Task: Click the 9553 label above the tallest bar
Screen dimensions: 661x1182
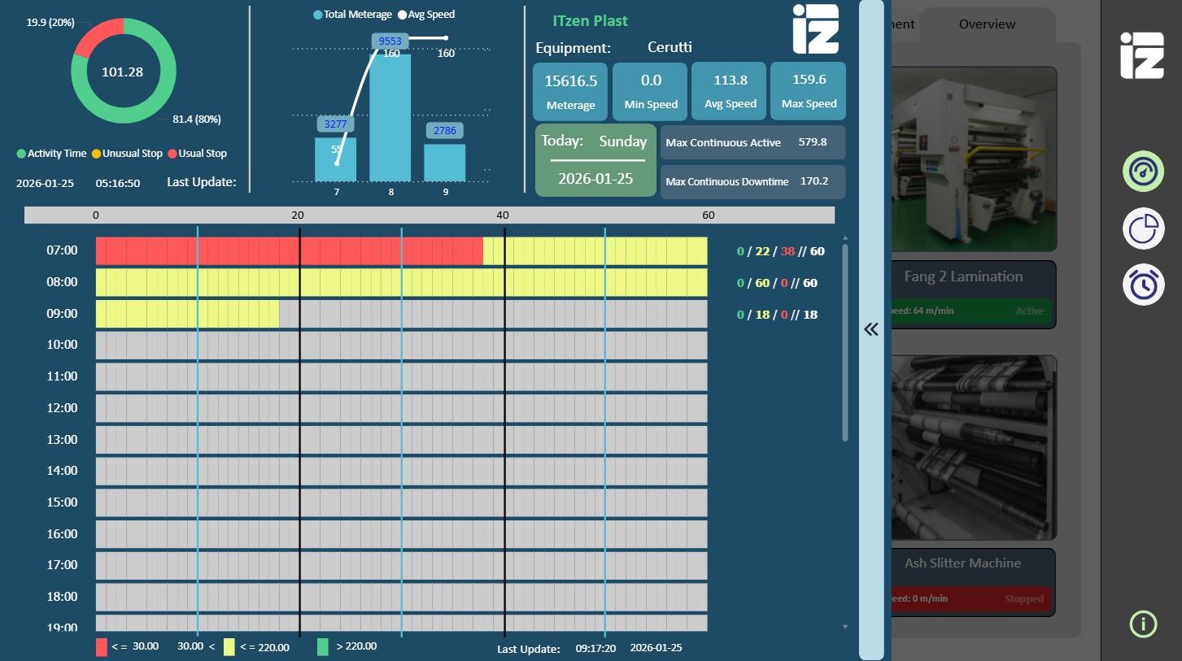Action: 390,41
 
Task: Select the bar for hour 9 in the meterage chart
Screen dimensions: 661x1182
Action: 444,163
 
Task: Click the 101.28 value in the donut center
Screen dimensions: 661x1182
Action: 122,72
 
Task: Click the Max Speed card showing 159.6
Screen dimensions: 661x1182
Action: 808,90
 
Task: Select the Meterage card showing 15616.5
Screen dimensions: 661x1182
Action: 570,90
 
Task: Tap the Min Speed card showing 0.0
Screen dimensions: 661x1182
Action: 651,90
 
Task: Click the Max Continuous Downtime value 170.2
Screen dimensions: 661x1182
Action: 813,181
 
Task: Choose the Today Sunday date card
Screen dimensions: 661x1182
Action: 595,160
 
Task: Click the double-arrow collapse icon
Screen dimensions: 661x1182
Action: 871,329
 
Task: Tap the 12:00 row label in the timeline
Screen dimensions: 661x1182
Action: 62,408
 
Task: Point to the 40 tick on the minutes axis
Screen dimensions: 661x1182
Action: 503,215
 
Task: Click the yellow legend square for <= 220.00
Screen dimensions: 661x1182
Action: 229,647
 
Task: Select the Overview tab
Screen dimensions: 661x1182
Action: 987,24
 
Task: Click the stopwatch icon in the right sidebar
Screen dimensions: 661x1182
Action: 1143,285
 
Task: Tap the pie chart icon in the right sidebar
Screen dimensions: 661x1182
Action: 1143,228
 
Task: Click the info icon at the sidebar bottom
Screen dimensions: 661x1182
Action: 1143,624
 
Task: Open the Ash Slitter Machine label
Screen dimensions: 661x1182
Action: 962,563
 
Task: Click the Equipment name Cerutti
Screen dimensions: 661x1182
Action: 670,47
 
